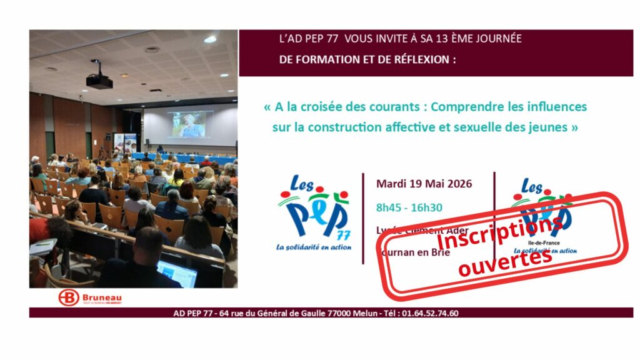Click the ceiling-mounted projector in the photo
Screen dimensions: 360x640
pos(99,81)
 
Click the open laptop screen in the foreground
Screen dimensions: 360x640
pos(177,273)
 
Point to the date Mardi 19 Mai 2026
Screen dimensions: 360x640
pos(424,184)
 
